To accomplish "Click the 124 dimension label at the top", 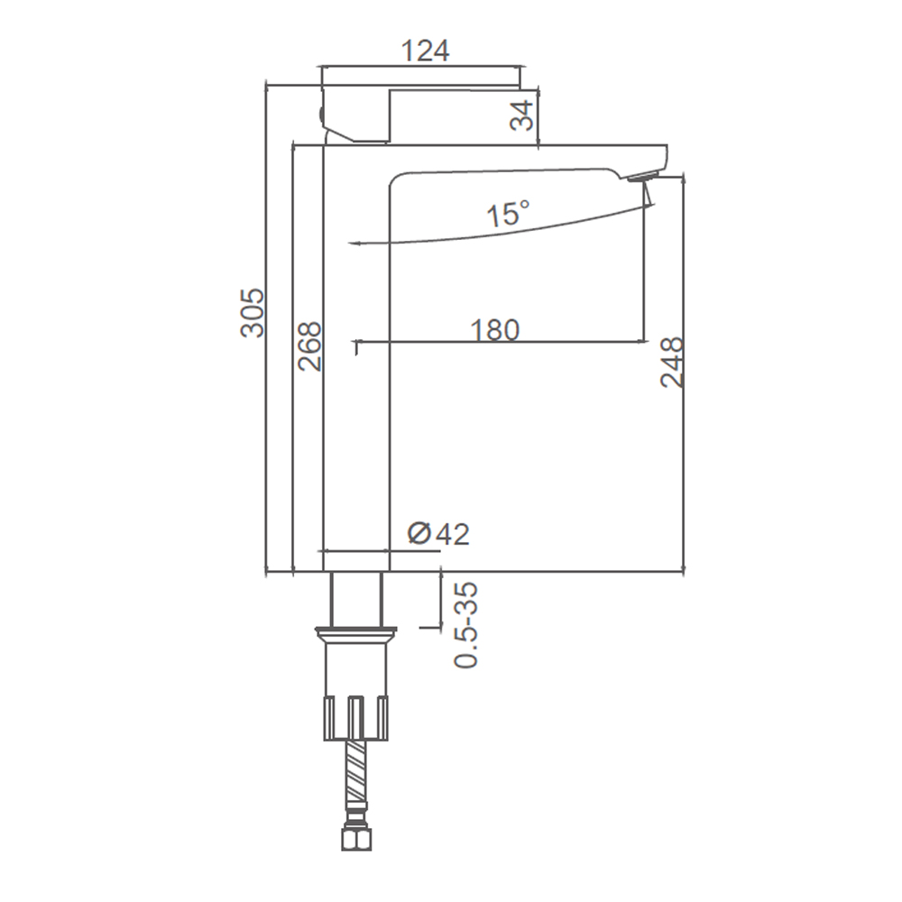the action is point(425,51).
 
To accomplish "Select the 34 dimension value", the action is point(522,115).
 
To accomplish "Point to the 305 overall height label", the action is point(252,312).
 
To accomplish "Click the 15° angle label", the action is point(508,214).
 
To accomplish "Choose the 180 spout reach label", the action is point(494,330).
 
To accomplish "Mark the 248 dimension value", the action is point(672,363).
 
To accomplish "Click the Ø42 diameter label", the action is point(438,534).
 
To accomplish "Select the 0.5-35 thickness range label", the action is point(466,625).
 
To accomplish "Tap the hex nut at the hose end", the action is point(356,838).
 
